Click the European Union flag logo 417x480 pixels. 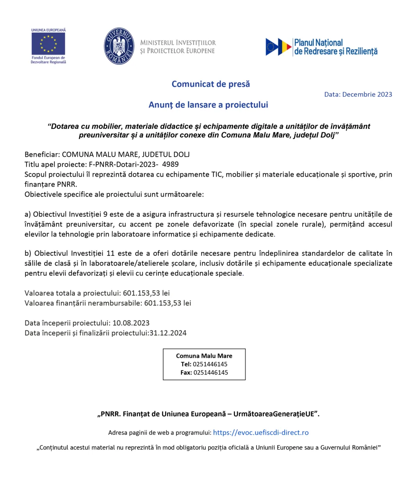tap(48, 43)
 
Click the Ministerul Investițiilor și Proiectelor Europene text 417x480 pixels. tap(178, 46)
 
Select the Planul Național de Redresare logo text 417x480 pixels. tap(335, 47)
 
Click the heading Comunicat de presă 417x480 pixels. tap(210, 84)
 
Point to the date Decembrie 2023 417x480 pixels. tap(367, 94)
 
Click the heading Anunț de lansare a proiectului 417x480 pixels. tap(208, 105)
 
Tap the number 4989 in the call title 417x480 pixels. tap(171, 164)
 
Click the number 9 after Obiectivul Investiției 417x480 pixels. tap(106, 214)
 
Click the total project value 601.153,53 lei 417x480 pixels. tap(146, 293)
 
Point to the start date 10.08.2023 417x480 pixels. tap(131, 323)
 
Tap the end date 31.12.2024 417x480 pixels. tap(168, 333)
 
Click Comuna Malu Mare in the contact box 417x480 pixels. tap(204, 356)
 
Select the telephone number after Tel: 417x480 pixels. tap(210, 364)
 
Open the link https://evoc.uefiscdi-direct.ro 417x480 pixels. tap(261, 432)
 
